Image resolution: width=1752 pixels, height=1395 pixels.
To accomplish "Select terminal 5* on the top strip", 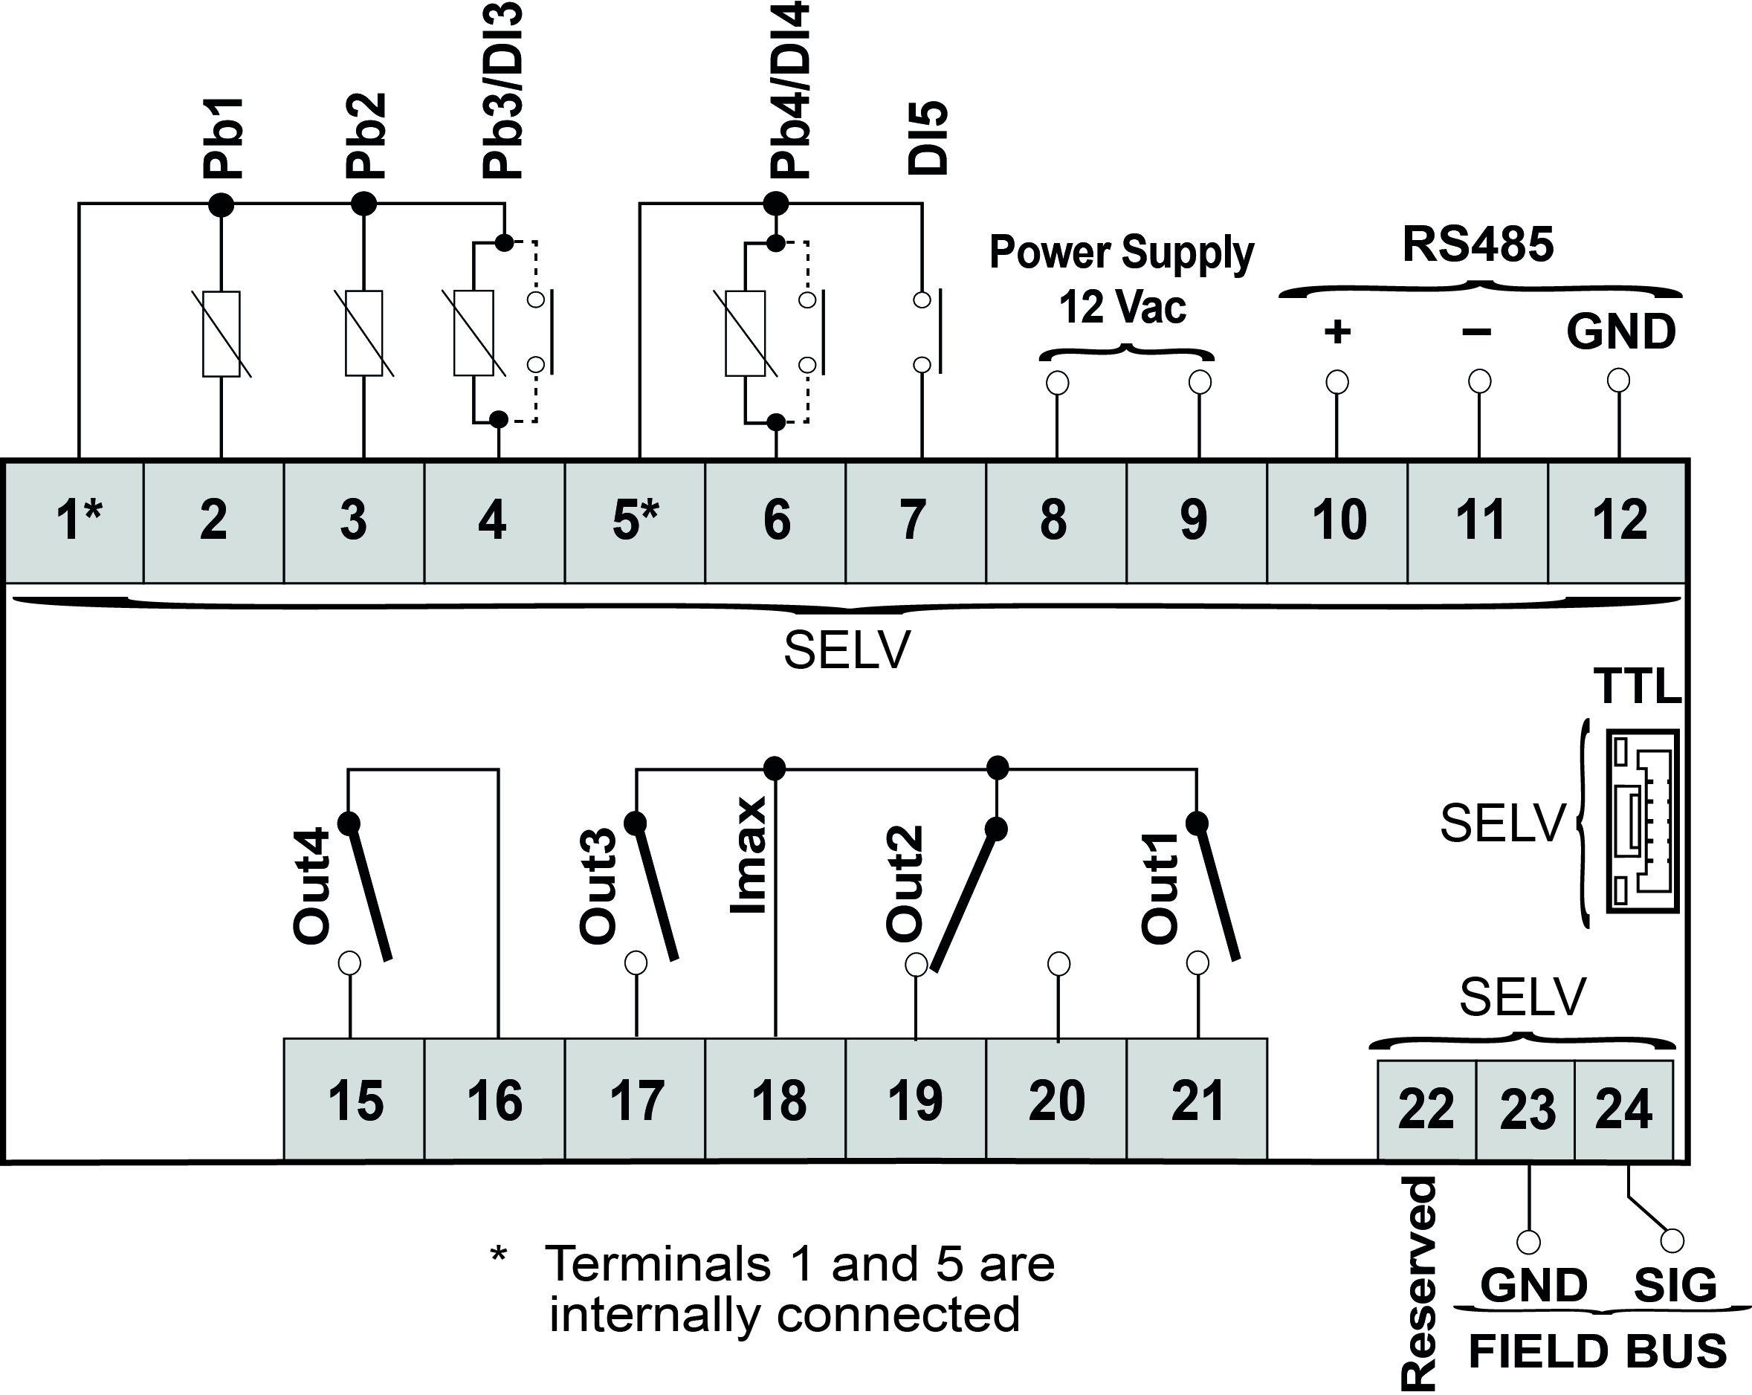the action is coord(635,522).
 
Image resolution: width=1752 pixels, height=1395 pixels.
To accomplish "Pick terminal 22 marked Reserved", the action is coord(1426,1110).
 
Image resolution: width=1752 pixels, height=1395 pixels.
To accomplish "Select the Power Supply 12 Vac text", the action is coord(1122,279).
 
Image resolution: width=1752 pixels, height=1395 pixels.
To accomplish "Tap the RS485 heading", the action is coord(1477,245).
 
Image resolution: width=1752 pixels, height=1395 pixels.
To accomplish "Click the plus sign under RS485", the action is coord(1336,331).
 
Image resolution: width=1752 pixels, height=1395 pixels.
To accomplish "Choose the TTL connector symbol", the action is coord(1642,821).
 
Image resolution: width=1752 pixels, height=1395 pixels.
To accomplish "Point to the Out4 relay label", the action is coord(311,887).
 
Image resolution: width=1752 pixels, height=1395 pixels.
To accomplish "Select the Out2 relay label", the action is coord(905,883).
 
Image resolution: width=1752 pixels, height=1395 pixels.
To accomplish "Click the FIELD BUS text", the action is coord(1597,1351).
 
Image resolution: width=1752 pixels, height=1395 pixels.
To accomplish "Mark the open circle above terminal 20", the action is coord(1058,964).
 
